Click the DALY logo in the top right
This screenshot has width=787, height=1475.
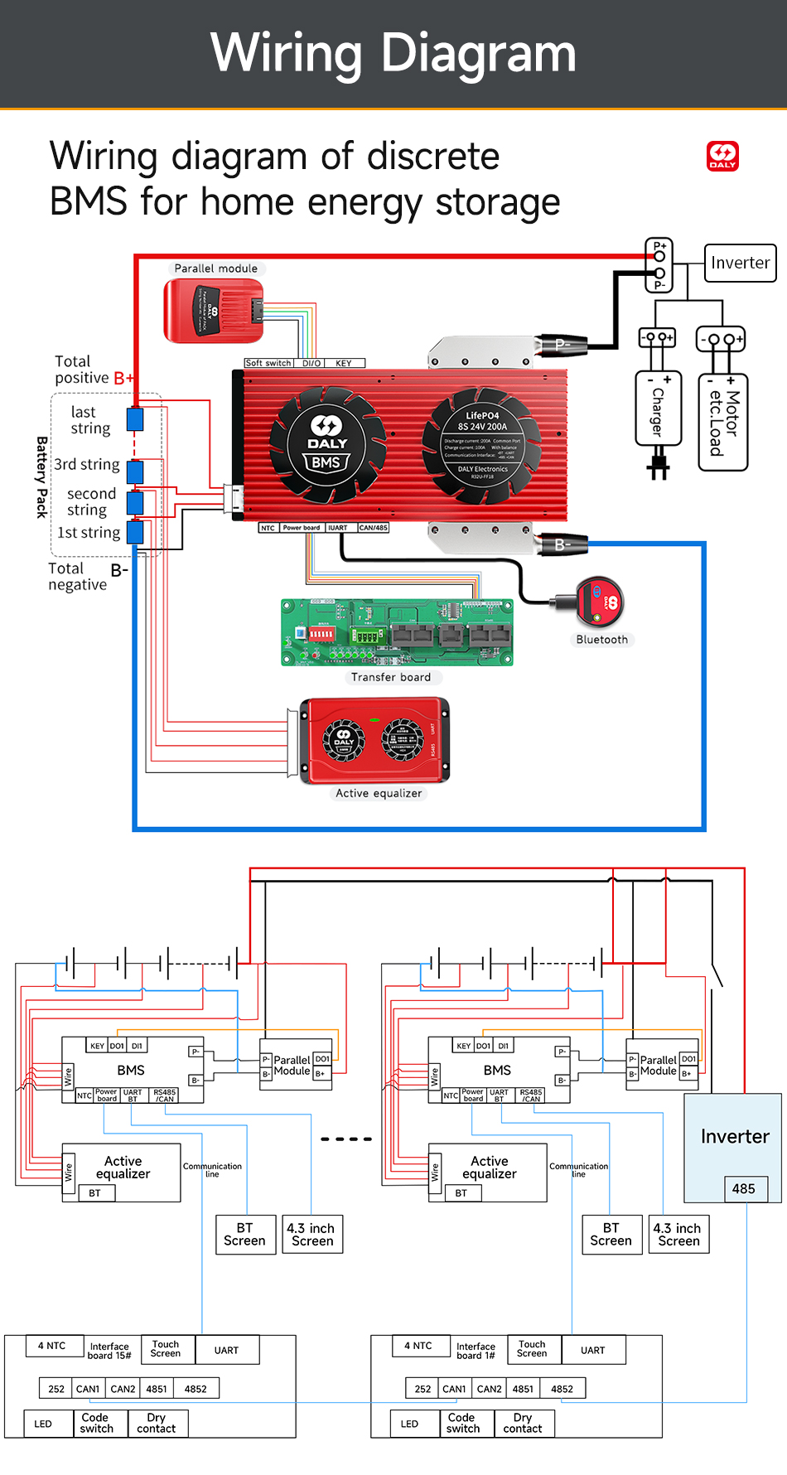(x=722, y=156)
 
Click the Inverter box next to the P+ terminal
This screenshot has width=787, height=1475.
(x=740, y=263)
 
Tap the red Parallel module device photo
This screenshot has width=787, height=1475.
(x=214, y=311)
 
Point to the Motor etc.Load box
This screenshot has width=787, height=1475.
(x=723, y=423)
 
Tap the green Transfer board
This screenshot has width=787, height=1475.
(x=397, y=632)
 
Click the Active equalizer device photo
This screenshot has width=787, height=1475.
(x=374, y=740)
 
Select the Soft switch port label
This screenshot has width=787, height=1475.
(x=268, y=363)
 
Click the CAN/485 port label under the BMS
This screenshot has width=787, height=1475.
(x=373, y=528)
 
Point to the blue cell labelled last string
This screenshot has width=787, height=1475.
(x=135, y=419)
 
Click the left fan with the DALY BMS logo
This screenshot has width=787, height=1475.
(x=327, y=445)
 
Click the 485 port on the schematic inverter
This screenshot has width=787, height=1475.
(x=744, y=1188)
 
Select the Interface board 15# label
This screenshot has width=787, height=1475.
(x=109, y=1351)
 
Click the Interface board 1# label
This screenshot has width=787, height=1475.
(x=476, y=1351)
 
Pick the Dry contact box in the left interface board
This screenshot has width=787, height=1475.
(x=157, y=1423)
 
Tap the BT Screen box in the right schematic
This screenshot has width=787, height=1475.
(x=611, y=1234)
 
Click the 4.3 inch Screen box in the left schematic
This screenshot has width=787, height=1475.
(x=311, y=1234)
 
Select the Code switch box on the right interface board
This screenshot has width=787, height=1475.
(x=463, y=1423)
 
